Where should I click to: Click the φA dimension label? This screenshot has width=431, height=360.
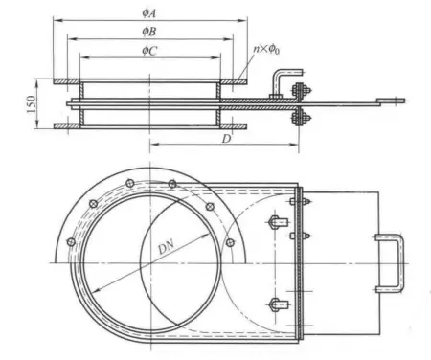[149, 12]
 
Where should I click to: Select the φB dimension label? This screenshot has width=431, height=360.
[149, 32]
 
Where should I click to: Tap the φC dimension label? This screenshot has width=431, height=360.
[149, 50]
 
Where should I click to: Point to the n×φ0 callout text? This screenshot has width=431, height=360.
[266, 50]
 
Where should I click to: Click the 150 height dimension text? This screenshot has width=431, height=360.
[32, 104]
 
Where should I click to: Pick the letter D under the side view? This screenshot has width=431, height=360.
[226, 139]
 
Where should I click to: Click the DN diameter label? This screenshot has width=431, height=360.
[167, 247]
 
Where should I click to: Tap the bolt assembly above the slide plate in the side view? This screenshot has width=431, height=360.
[300, 91]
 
